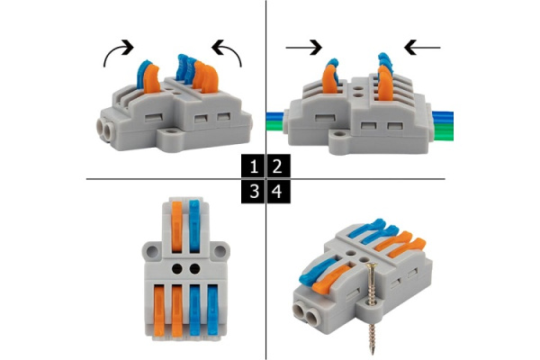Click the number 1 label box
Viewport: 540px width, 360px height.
253,166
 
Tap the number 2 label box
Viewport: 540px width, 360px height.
279,166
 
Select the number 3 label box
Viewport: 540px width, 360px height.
253,192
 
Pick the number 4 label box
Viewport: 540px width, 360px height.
279,192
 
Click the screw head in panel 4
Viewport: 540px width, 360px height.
371,266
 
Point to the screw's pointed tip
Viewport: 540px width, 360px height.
373,354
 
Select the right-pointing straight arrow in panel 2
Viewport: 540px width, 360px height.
304,48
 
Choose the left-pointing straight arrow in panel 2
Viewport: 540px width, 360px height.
422,48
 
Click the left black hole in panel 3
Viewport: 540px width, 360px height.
177,269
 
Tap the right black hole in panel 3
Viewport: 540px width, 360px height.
195,269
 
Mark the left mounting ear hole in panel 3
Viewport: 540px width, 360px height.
151,251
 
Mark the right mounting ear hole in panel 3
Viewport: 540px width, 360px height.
220,251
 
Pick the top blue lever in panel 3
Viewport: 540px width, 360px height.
194,226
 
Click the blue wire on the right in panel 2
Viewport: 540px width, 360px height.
443,118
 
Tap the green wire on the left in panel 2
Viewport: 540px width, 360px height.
276,126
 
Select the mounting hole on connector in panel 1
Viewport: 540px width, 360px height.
170,131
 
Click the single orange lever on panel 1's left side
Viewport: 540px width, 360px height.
151,80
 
